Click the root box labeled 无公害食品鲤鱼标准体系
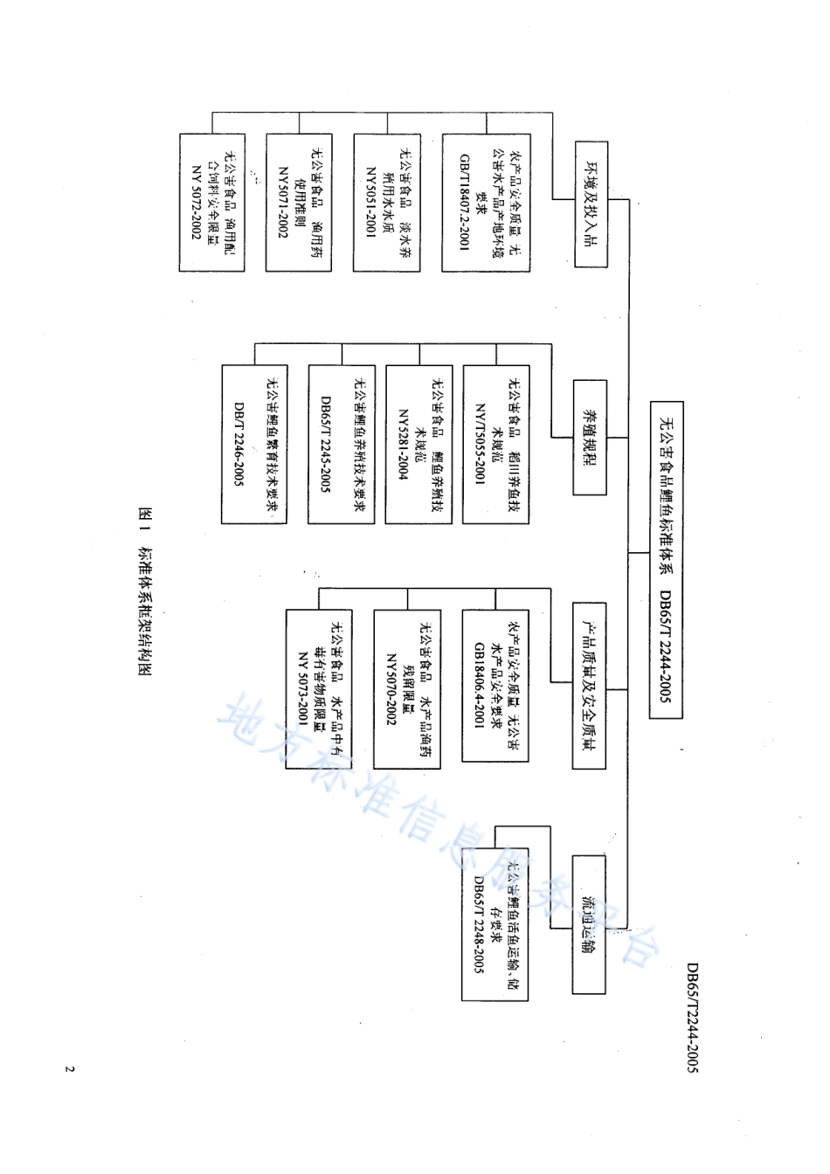point(666,559)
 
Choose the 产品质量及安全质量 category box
point(591,686)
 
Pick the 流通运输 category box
point(590,924)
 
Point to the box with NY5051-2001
point(387,203)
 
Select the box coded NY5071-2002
point(300,203)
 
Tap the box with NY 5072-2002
point(212,203)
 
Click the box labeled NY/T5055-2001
point(496,445)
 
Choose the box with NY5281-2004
point(418,445)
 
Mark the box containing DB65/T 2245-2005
point(342,445)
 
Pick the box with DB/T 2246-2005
point(254,445)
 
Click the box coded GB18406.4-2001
point(495,686)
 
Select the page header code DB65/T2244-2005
point(691,1018)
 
